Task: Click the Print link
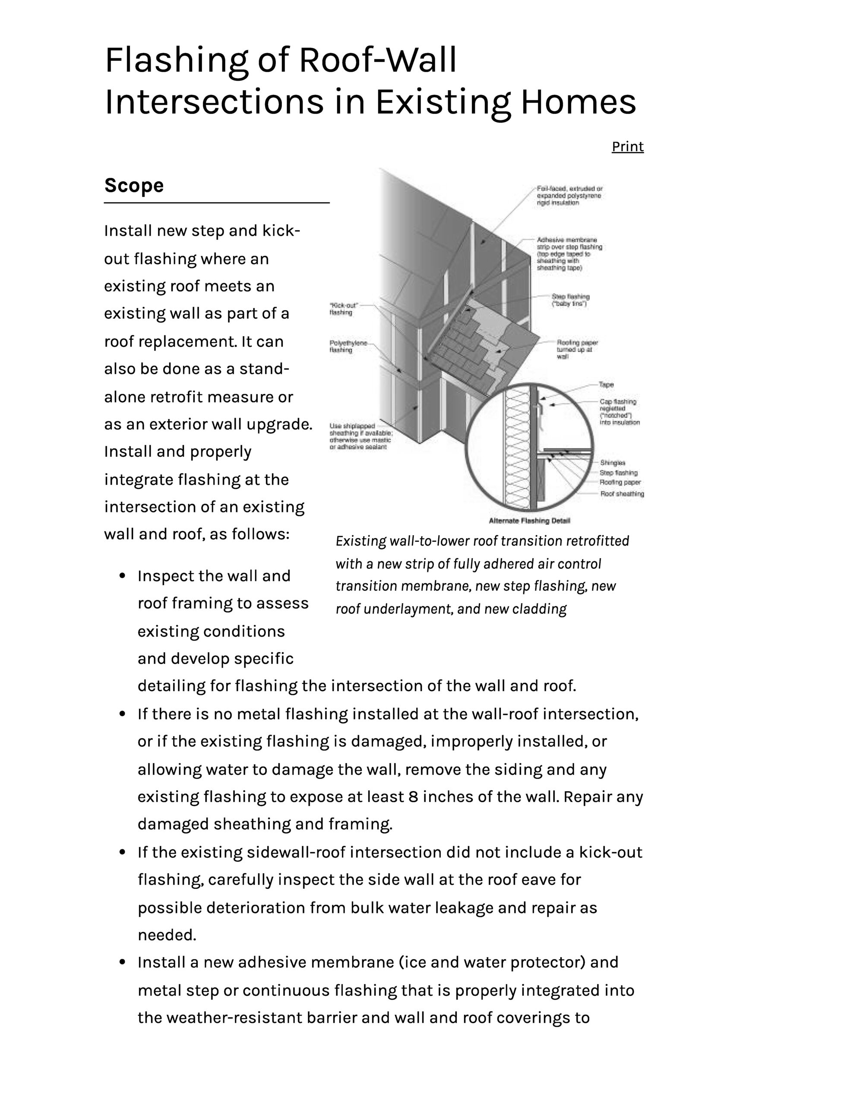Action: coord(627,146)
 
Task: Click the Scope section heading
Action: coord(134,185)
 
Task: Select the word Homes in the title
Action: coord(578,102)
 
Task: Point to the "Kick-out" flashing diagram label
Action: coord(343,309)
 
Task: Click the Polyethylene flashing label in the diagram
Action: coord(348,346)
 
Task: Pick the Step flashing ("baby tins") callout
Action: coord(570,300)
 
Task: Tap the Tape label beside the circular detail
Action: coord(606,385)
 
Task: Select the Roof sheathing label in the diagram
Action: coord(622,493)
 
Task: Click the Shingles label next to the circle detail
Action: coord(613,462)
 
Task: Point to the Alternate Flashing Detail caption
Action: coord(529,521)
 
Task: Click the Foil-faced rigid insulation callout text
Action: coord(569,195)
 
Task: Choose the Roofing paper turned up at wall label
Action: coord(577,349)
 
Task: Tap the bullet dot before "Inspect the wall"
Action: coord(122,576)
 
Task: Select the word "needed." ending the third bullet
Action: coord(167,935)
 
